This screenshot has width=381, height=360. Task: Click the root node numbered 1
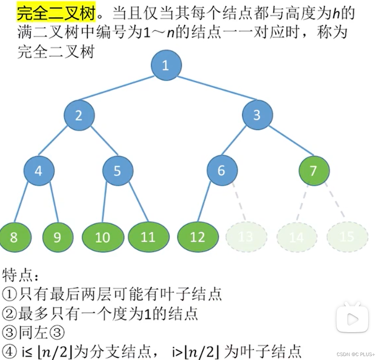(x=166, y=65)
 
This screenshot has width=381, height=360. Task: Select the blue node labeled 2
(x=79, y=116)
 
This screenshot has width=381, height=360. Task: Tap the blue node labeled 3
(x=257, y=115)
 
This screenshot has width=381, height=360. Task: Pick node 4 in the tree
(x=38, y=171)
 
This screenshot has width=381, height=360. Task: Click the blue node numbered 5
(x=118, y=171)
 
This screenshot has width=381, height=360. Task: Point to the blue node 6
(x=222, y=171)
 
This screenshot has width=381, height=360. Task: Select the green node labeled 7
(x=313, y=171)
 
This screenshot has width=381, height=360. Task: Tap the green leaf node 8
(x=14, y=237)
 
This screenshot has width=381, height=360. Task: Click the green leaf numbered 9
(x=58, y=237)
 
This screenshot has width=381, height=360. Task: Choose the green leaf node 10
(x=103, y=237)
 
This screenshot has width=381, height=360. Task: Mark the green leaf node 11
(x=149, y=237)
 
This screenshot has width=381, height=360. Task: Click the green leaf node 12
(x=198, y=237)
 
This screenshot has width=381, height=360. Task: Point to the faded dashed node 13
(x=246, y=237)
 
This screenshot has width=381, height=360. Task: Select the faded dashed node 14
(x=296, y=237)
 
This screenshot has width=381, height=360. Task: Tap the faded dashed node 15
(x=347, y=237)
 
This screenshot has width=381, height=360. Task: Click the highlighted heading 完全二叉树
(x=56, y=13)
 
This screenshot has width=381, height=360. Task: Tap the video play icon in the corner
(x=352, y=319)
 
